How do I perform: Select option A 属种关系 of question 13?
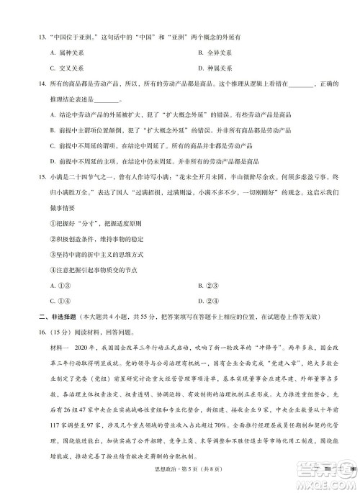65,53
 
